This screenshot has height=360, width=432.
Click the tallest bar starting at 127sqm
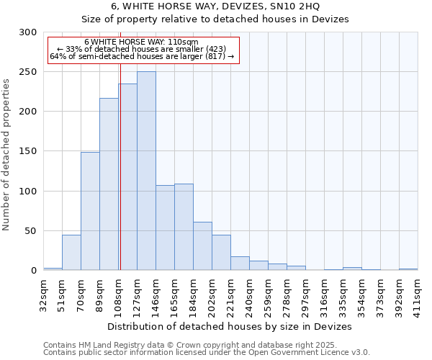pos(146,171)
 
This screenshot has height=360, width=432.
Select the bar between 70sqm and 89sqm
pos(90,211)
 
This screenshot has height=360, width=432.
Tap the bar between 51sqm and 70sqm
pos(71,252)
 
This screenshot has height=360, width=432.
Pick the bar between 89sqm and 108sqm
pos(109,184)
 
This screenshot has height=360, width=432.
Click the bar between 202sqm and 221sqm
pos(221,252)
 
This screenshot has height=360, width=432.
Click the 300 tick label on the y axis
pos(28,32)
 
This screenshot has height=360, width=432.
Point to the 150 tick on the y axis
pos(28,151)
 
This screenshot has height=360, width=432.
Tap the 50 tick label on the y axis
pos(31,230)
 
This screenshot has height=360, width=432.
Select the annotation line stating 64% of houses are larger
pos(142,56)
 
